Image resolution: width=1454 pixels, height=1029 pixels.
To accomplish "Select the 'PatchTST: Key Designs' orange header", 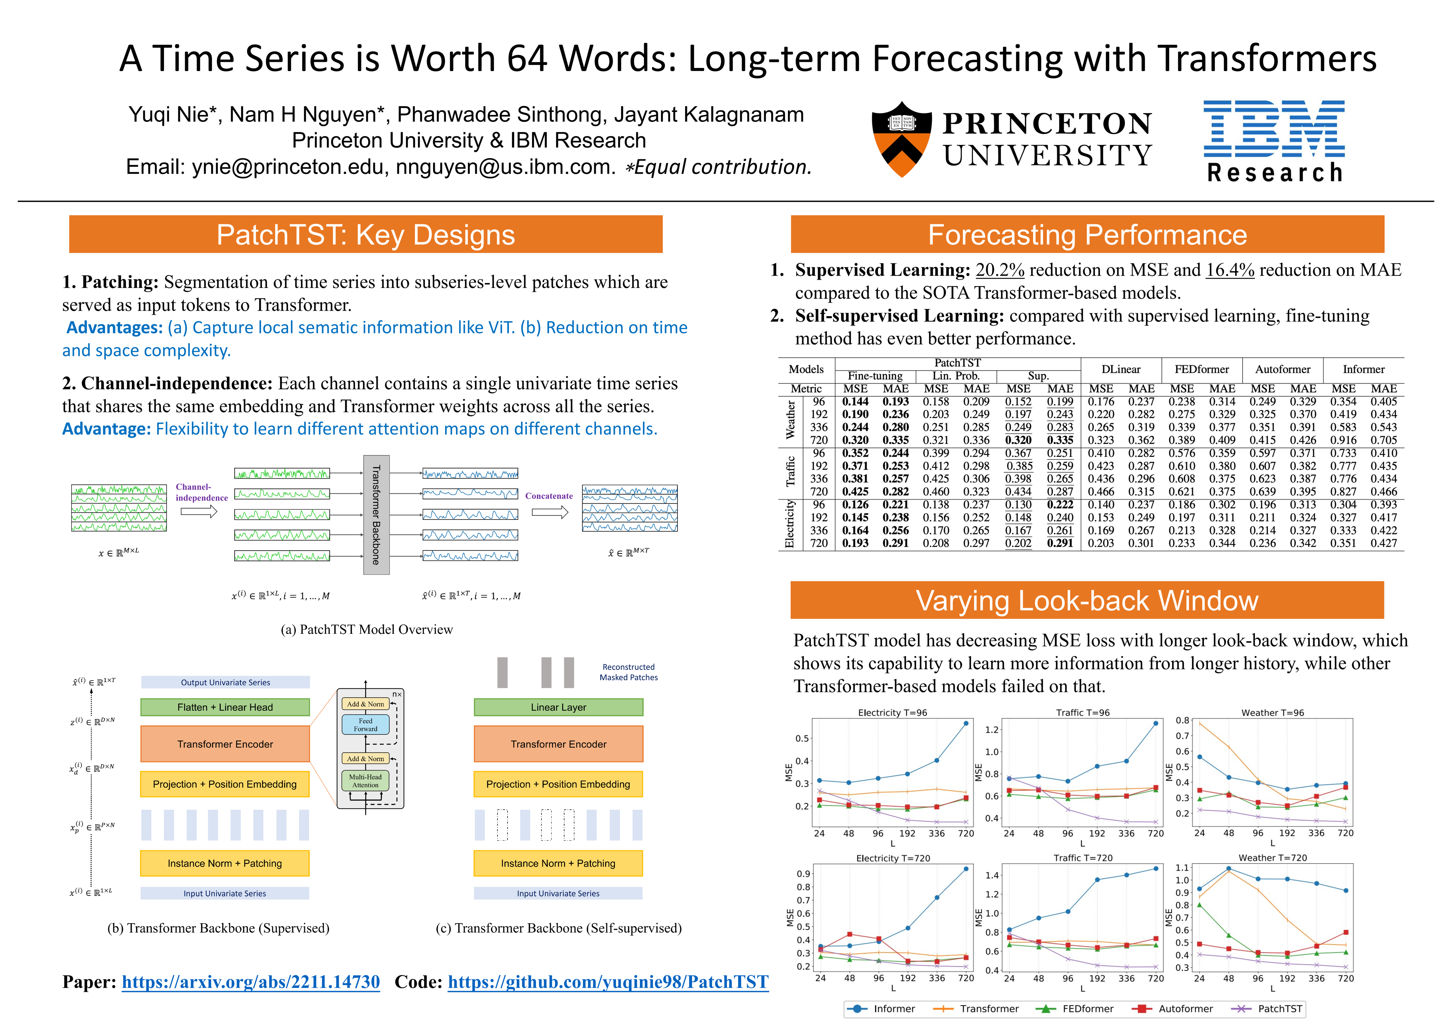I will [x=366, y=234].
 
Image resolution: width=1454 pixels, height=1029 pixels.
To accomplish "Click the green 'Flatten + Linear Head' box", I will [x=225, y=707].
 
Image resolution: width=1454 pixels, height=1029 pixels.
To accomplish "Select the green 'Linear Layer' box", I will [x=558, y=707].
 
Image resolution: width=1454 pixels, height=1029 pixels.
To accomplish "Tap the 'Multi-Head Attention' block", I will [x=366, y=781].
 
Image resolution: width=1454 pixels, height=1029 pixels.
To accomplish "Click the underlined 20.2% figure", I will [x=1000, y=270].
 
